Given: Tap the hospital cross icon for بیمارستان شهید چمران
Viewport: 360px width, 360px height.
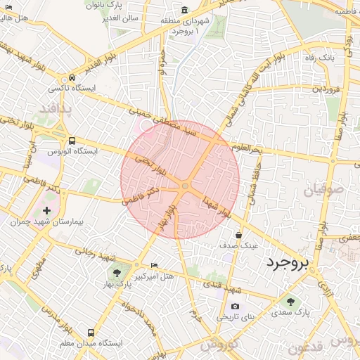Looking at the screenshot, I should point(47,211).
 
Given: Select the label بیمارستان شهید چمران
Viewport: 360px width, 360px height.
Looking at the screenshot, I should point(48,222).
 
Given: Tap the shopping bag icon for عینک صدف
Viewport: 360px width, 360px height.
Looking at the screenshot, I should point(238,235).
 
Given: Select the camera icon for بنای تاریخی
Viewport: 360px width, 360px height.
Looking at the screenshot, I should point(234,306).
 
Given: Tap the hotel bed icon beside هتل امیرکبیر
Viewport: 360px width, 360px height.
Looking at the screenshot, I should point(155,265).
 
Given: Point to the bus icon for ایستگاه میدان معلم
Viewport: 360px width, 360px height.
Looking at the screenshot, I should point(90,332).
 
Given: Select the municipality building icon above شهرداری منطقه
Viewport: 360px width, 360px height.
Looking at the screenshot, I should point(184,10).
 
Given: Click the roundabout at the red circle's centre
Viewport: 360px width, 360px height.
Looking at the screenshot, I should point(184,186).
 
